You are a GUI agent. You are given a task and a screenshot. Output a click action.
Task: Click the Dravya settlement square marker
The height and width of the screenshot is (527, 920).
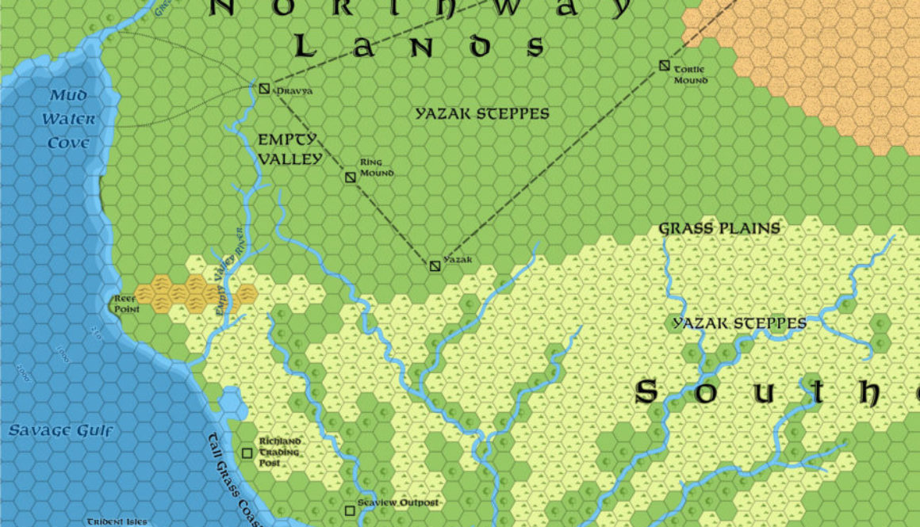click(x=264, y=88)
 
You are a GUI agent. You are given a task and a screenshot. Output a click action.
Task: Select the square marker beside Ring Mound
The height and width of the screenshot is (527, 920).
click(x=350, y=177)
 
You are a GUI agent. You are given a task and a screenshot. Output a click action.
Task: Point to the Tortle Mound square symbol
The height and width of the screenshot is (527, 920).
click(x=665, y=66)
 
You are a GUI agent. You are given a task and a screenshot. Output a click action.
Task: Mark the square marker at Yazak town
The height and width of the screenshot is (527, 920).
click(x=435, y=265)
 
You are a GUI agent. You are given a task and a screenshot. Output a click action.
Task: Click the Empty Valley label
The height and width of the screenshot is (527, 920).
click(x=289, y=149)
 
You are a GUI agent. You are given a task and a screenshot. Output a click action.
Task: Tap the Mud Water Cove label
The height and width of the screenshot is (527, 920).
click(x=69, y=120)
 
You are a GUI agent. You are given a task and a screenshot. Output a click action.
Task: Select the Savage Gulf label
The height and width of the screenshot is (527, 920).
click(x=61, y=431)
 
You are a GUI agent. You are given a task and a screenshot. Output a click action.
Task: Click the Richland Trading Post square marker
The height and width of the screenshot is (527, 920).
click(x=247, y=453)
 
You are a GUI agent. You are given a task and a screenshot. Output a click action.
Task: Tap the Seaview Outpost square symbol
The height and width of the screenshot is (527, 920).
click(x=350, y=511)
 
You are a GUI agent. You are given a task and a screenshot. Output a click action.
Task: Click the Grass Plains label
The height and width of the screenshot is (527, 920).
click(x=719, y=229)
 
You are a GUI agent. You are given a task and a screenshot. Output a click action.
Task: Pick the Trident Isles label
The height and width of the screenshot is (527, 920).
click(x=117, y=521)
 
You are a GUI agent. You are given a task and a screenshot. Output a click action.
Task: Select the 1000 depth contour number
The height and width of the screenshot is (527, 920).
click(x=63, y=353)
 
